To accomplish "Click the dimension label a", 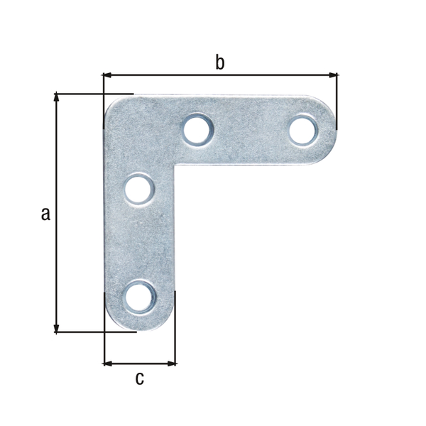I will pyautogui.click(x=45, y=214).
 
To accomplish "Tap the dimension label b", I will pyautogui.click(x=220, y=62).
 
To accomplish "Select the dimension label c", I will pyautogui.click(x=139, y=378).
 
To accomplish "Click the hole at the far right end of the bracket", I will pyautogui.click(x=303, y=131).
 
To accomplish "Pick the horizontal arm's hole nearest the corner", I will pyautogui.click(x=197, y=130).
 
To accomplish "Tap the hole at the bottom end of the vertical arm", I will pyautogui.click(x=140, y=296).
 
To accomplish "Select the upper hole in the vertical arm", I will pyautogui.click(x=138, y=190).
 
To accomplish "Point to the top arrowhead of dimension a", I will pyautogui.click(x=56, y=97).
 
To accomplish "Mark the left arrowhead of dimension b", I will pyautogui.click(x=108, y=74).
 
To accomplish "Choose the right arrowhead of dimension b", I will pyautogui.click(x=333, y=74).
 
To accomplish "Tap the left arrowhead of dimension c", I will pyautogui.click(x=108, y=364).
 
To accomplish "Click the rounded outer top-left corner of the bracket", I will pyautogui.click(x=112, y=105).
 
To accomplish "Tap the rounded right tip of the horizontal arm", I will pyautogui.click(x=334, y=131).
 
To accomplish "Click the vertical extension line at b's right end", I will pyautogui.click(x=337, y=99).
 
